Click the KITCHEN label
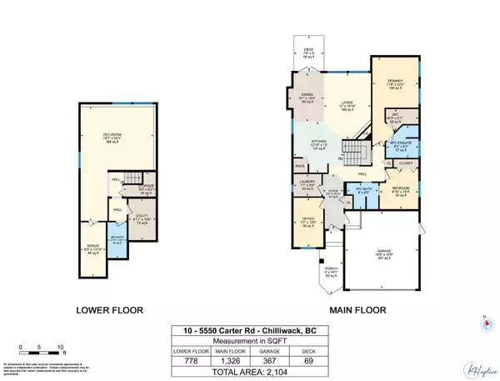tap(318, 146)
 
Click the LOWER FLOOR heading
tap(110, 310)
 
